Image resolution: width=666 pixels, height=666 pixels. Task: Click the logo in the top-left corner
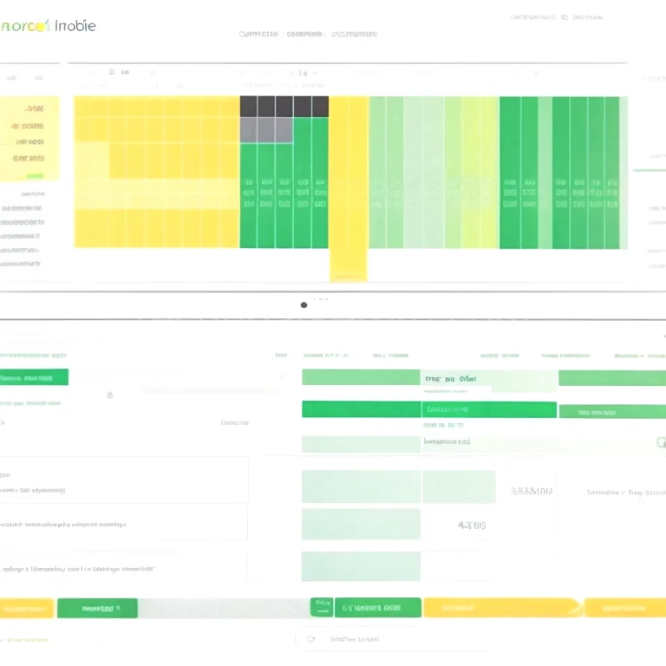click(x=48, y=25)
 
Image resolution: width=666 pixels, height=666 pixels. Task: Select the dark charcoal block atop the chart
click(x=284, y=107)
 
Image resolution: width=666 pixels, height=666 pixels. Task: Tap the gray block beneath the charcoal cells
click(x=265, y=130)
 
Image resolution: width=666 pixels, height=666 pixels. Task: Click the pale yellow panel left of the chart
click(x=29, y=139)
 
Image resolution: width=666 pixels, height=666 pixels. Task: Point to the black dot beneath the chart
click(x=304, y=304)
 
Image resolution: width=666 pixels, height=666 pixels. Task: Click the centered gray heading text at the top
click(x=309, y=35)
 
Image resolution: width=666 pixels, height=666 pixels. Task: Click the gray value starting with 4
click(x=471, y=525)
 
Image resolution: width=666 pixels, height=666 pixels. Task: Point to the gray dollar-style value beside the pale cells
click(x=532, y=491)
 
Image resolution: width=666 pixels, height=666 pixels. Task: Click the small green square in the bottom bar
click(x=321, y=607)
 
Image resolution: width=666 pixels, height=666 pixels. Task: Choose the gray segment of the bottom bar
click(x=223, y=608)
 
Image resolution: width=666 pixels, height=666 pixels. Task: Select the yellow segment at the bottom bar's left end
click(x=26, y=609)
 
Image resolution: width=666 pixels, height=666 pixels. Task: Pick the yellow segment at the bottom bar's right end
click(x=624, y=608)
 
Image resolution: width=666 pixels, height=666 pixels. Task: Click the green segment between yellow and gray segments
click(x=97, y=609)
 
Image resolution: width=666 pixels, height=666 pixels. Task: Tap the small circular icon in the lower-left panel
click(x=109, y=395)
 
